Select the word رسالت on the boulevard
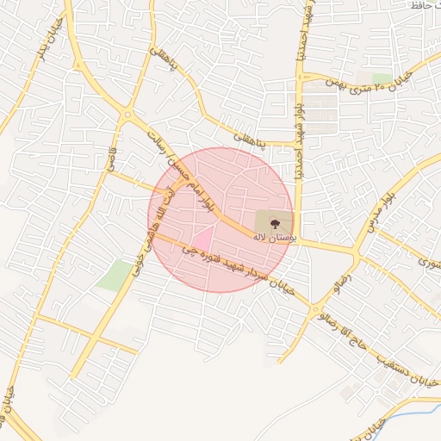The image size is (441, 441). (160, 139)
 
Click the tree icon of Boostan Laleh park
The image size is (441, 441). (274, 223)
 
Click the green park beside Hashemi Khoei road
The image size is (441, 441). (115, 275)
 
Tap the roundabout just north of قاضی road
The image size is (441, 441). (127, 115)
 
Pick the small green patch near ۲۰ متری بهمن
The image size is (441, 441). (382, 78)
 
